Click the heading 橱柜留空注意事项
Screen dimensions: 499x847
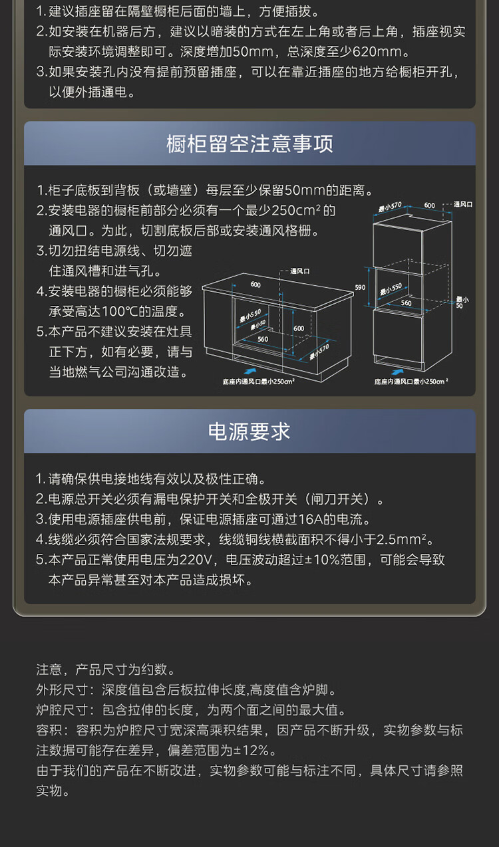(249, 144)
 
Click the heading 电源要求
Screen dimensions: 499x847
(249, 431)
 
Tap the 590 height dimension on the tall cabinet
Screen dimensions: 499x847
(360, 287)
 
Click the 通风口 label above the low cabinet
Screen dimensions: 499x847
(300, 271)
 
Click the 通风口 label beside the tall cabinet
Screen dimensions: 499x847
(462, 205)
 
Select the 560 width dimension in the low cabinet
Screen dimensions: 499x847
(263, 339)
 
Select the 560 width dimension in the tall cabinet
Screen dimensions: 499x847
(406, 303)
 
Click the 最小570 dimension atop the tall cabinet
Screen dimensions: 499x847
(391, 207)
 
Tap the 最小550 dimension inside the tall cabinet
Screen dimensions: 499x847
(391, 289)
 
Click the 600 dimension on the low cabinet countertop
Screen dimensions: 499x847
(255, 284)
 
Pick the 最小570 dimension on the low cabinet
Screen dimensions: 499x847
(319, 350)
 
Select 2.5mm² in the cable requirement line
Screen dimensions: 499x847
(405, 539)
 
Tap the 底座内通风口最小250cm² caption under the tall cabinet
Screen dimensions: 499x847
(411, 382)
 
